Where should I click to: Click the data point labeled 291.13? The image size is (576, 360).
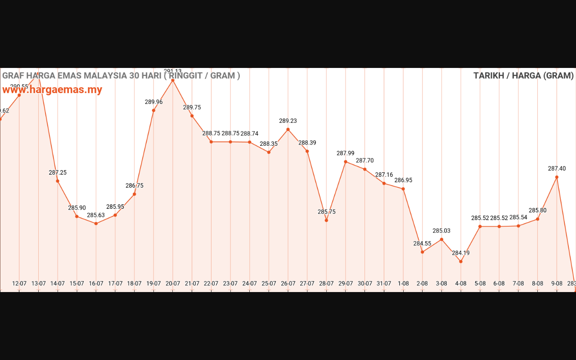tap(173, 81)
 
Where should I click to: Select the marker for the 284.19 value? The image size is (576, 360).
tap(461, 261)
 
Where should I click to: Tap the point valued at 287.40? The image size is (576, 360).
tap(557, 177)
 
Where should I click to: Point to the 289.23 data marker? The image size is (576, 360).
tap(288, 130)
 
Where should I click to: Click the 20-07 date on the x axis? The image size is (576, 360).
tap(173, 283)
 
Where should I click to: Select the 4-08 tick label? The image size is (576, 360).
tap(461, 283)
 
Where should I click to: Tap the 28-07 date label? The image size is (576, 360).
tap(326, 283)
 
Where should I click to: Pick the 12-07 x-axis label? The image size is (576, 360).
tap(19, 283)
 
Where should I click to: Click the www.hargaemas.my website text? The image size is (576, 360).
tap(52, 90)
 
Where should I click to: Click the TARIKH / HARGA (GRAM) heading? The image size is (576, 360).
tap(523, 76)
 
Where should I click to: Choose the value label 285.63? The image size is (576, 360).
tap(96, 215)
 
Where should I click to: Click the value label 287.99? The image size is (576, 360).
tap(346, 153)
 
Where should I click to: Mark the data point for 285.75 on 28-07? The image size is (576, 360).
tap(326, 220)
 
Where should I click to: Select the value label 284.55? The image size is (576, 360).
tap(422, 243)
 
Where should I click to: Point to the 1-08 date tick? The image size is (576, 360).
tap(403, 283)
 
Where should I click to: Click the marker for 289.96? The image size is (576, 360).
tap(154, 110)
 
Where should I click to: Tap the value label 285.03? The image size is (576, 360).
tap(441, 231)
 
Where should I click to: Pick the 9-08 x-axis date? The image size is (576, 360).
tap(557, 283)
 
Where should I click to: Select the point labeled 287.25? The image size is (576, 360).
tap(58, 181)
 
